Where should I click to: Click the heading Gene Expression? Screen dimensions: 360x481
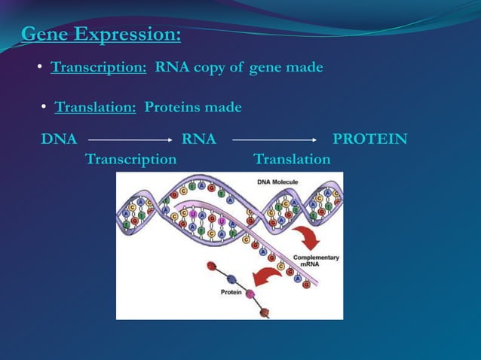coord(101,35)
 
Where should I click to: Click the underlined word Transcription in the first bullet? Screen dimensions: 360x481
coord(98,68)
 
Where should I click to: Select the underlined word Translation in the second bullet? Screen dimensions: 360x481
coord(95,108)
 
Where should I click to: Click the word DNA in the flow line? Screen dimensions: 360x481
coord(59,139)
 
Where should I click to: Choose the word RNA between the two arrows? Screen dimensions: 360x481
coord(199,139)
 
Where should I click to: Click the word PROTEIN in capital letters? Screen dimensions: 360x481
coord(370,139)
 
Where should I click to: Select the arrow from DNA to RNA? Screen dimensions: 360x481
coord(130,140)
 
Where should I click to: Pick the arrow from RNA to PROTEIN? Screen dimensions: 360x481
coord(274,140)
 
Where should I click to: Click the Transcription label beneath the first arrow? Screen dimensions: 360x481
coord(131,159)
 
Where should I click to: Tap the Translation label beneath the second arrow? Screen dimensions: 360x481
coord(292,159)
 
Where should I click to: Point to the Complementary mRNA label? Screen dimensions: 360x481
coord(315,261)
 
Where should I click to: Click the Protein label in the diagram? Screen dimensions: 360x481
coord(231,291)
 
